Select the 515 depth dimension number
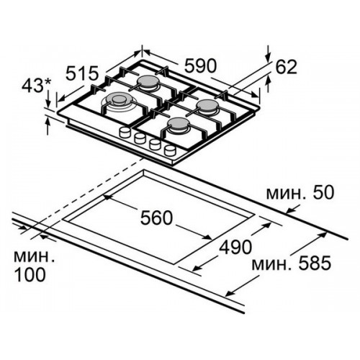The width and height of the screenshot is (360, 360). pyautogui.click(x=82, y=73)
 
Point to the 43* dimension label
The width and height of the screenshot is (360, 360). pyautogui.click(x=37, y=85)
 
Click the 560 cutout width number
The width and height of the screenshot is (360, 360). pyautogui.click(x=156, y=217)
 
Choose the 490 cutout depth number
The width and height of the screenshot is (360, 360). pyautogui.click(x=235, y=247)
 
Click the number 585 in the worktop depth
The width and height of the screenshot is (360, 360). pyautogui.click(x=315, y=263)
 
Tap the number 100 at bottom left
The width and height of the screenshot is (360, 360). pyautogui.click(x=30, y=274)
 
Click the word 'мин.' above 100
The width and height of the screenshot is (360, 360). pyautogui.click(x=35, y=257)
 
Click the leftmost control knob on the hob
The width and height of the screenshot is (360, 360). pyautogui.click(x=125, y=132)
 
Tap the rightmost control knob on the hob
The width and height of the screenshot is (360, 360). pyautogui.click(x=170, y=150)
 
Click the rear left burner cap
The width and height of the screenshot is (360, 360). pyautogui.click(x=147, y=81)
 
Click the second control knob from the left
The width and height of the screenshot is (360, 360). pyautogui.click(x=140, y=138)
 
